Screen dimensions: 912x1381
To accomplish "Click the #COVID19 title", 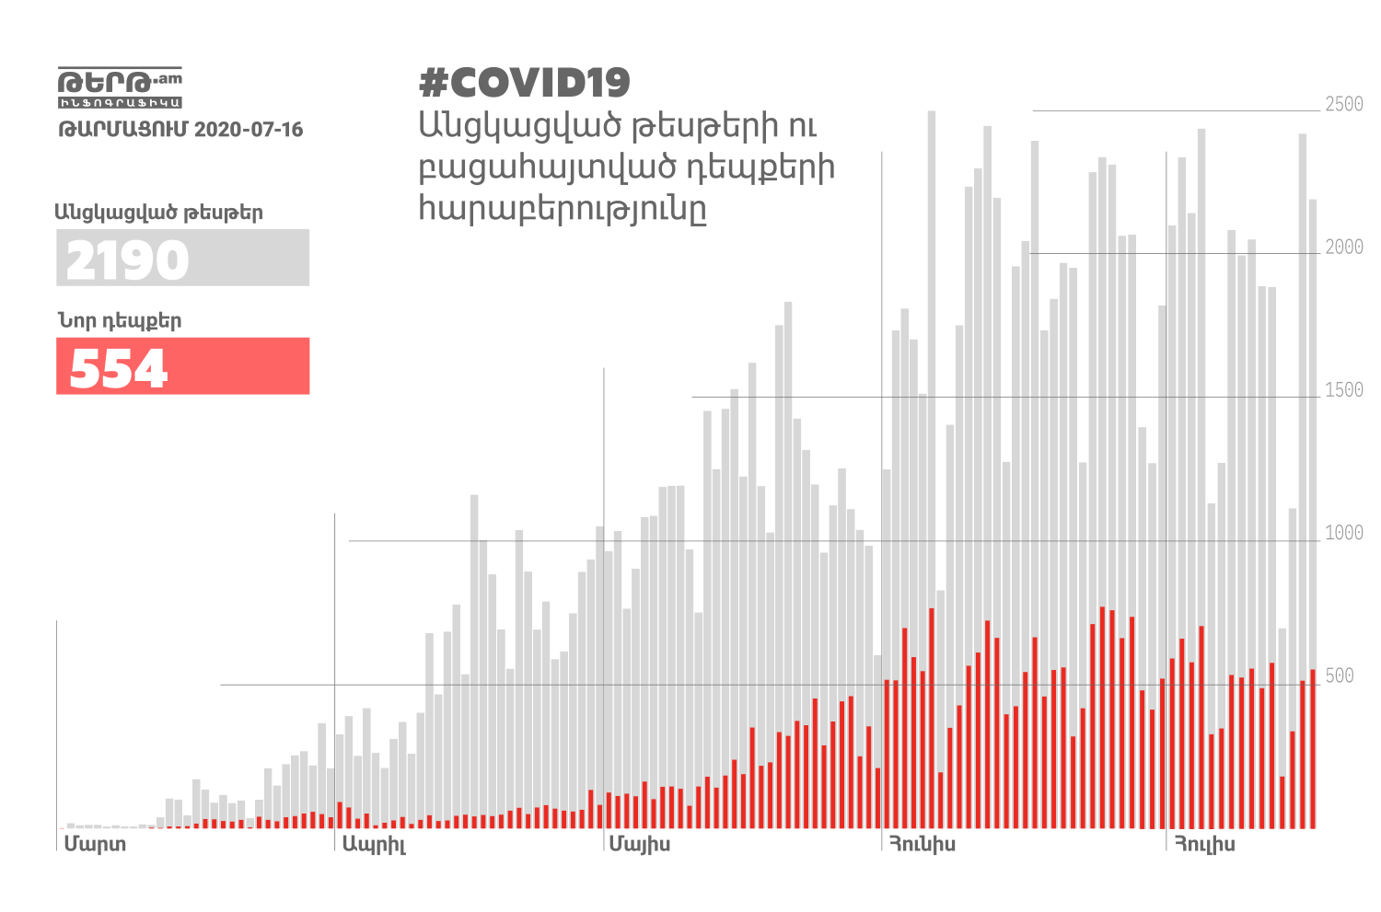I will [525, 83].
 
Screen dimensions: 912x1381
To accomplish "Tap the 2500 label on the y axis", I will [1343, 104].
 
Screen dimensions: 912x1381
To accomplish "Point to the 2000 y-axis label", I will [1343, 247].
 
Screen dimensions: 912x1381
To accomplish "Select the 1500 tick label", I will [1343, 390].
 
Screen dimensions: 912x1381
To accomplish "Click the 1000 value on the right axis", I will [1343, 533].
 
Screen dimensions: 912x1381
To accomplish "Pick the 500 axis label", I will [1340, 676].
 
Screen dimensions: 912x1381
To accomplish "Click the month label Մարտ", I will [95, 844].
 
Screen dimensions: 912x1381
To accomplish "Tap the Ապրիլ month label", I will [374, 845].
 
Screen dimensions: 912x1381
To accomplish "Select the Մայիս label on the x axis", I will [640, 844].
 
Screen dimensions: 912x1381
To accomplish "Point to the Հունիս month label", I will [922, 844].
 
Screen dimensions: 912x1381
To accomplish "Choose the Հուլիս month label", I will [1204, 844].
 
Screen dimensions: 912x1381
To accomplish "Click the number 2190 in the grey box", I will [128, 260].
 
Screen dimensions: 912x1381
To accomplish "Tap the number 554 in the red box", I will [119, 368].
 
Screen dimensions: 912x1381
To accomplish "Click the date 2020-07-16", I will [249, 130].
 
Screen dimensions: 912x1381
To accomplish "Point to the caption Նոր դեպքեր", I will [120, 321].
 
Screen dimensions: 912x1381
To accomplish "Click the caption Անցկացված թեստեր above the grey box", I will [158, 213].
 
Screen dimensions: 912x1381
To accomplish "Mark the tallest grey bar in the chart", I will [932, 460].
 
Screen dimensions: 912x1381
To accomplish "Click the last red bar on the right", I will [1313, 750].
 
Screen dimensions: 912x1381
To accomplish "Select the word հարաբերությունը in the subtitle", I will [563, 209].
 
